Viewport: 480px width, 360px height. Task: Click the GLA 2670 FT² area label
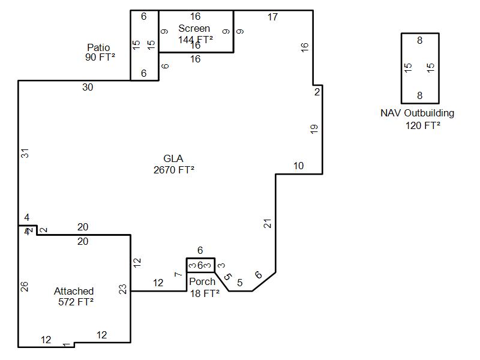point(173,164)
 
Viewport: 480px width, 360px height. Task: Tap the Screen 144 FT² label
point(195,34)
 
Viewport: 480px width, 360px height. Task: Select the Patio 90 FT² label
point(100,52)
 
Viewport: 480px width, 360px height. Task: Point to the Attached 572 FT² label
point(74,296)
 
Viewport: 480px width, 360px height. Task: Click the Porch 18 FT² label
point(203,287)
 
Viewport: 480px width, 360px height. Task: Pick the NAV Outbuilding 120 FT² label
point(417,119)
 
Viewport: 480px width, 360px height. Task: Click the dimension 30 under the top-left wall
point(88,88)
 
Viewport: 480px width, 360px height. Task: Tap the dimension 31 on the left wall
point(25,153)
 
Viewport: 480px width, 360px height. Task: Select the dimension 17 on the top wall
point(272,17)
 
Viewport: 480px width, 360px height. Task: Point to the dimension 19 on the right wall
point(314,129)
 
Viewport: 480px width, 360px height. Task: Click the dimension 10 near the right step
point(298,166)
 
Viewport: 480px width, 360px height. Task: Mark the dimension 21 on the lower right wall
point(268,224)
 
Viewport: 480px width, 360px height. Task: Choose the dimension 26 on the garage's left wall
point(25,286)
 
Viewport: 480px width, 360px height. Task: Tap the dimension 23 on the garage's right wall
point(123,289)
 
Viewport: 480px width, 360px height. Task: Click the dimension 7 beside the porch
point(178,275)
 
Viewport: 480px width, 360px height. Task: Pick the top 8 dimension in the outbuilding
point(419,41)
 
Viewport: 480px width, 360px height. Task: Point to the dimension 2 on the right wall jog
point(317,92)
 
